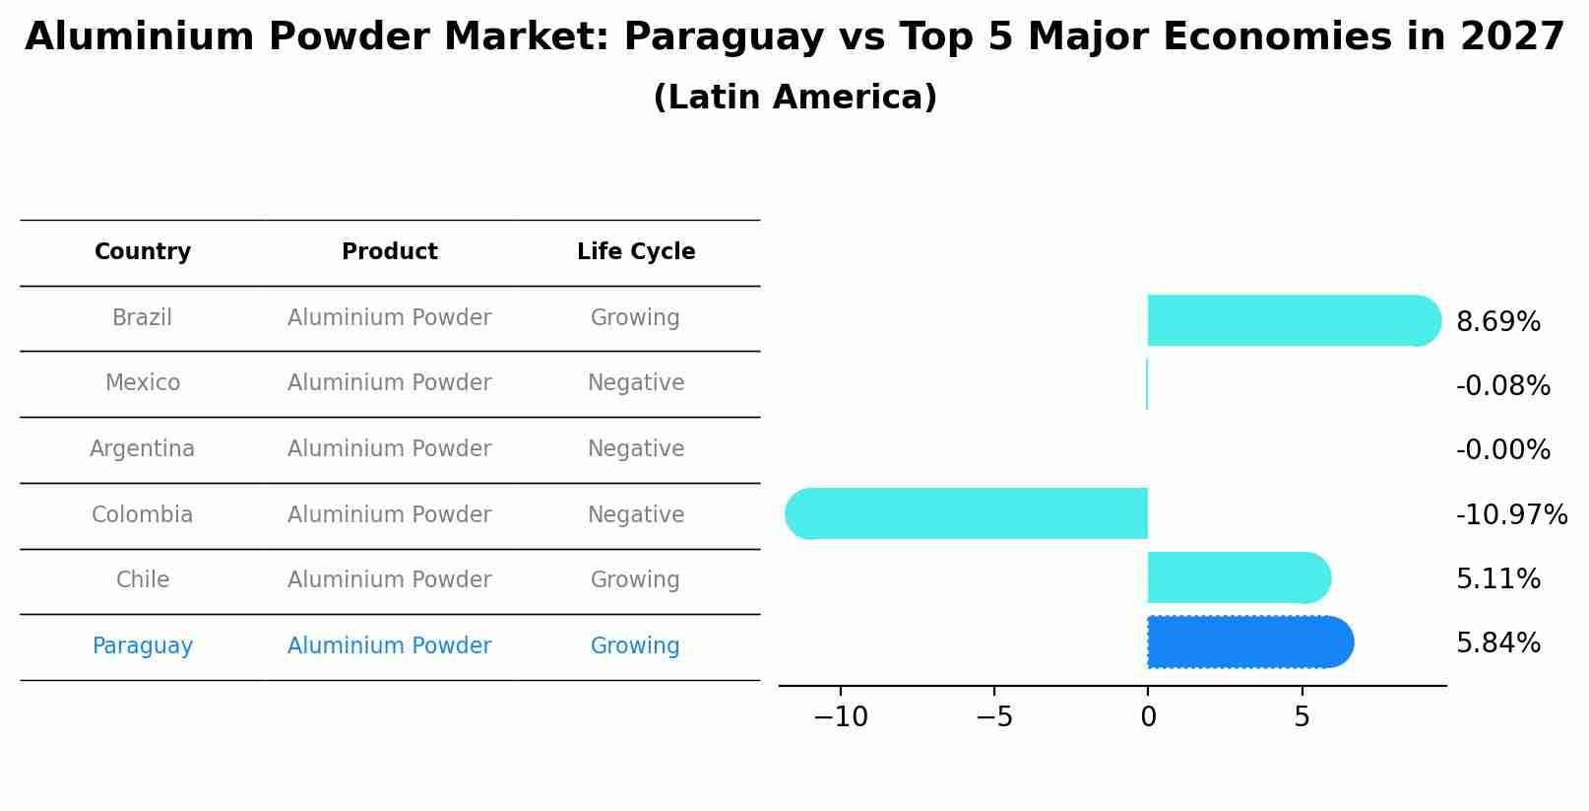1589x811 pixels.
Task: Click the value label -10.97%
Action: (x=1511, y=514)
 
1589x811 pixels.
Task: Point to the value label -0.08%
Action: (x=1502, y=385)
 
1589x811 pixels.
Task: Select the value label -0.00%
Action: (x=1502, y=449)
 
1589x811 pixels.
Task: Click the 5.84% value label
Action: (x=1497, y=642)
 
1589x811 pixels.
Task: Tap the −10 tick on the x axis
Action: (x=840, y=717)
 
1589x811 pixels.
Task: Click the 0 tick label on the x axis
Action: (x=1148, y=717)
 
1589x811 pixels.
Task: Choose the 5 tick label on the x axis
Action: (x=1302, y=717)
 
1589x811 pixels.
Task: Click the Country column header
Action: (x=143, y=252)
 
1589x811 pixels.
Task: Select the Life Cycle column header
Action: (x=636, y=252)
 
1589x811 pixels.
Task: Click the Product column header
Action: (x=390, y=252)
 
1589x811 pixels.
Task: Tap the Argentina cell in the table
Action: (x=143, y=449)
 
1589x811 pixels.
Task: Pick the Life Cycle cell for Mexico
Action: (x=636, y=383)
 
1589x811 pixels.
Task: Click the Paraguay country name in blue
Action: (x=143, y=646)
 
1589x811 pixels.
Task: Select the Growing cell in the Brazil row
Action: (x=635, y=318)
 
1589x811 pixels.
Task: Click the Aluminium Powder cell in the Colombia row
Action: (x=390, y=514)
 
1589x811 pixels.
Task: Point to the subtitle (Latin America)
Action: (x=794, y=98)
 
